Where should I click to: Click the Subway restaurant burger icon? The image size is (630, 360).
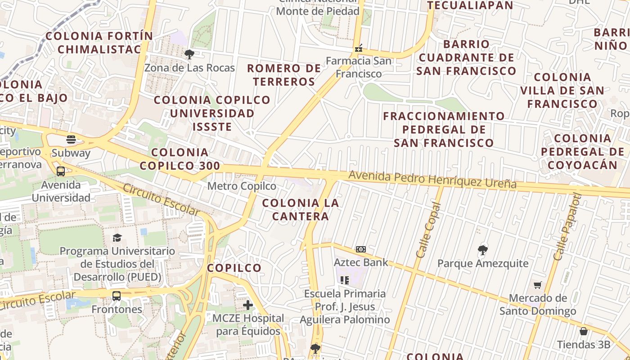coord(71,139)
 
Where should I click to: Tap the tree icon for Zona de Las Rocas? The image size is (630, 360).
coord(189,54)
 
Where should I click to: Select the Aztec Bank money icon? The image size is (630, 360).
coord(360,249)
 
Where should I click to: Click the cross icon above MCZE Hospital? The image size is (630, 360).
coord(248,305)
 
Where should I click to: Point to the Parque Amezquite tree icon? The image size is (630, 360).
coord(483,250)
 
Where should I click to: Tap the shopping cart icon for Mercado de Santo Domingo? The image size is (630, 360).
coord(537,285)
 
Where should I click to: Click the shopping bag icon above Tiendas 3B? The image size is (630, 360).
coord(584,332)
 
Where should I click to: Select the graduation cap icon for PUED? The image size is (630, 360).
coord(117,238)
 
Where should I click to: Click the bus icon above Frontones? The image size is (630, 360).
coord(117,296)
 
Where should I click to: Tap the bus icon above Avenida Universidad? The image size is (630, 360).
coord(61,171)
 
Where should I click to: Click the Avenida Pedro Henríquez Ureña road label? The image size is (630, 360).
coord(432,180)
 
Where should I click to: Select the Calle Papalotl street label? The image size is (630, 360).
coord(567,227)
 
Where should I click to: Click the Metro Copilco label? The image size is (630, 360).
coord(242,186)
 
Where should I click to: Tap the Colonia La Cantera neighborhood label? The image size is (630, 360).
coord(301,210)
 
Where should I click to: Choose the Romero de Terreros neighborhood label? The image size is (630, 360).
coord(284,75)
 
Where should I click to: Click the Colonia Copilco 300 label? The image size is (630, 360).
coord(180,159)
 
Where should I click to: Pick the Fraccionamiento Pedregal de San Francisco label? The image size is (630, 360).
coord(444,130)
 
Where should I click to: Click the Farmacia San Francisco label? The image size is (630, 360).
coord(359,67)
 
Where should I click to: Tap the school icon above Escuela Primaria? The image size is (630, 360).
coord(345,280)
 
